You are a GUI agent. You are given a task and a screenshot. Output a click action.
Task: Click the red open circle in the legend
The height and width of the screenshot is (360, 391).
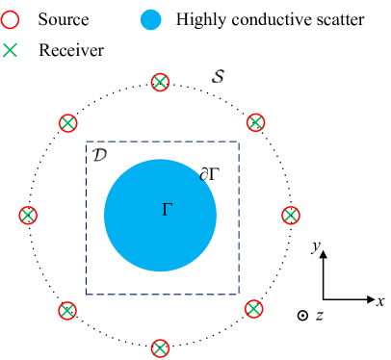10,19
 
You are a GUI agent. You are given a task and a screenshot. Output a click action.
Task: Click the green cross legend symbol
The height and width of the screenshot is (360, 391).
10,50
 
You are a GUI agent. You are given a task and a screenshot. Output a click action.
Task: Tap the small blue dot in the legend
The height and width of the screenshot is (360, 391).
150,19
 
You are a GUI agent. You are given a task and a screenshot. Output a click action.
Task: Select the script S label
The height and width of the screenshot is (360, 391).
220,76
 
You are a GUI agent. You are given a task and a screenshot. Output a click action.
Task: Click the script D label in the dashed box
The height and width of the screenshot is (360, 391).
100,154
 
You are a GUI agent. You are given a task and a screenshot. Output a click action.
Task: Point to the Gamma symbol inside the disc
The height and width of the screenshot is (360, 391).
168,209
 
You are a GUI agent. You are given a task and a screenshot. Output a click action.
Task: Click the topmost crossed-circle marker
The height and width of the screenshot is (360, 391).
161,83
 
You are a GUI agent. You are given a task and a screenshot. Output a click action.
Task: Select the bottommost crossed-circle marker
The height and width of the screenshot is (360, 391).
161,348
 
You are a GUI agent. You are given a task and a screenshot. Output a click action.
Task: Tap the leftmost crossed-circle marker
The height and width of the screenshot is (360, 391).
28,216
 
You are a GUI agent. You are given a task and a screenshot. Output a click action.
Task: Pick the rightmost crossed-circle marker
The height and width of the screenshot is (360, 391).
291,216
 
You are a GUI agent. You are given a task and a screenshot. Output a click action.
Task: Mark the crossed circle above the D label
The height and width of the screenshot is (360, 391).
67,123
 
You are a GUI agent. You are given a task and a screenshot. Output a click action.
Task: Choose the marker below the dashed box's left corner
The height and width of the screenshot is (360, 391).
66,311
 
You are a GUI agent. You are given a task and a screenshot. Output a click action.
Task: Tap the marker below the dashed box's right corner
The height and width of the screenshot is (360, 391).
253,309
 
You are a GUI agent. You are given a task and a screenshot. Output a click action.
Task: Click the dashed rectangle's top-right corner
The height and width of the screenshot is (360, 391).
239,142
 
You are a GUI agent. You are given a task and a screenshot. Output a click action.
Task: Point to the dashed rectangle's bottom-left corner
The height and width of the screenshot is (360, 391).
86,294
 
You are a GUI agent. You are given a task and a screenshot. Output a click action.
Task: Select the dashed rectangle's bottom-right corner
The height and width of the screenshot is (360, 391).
239,294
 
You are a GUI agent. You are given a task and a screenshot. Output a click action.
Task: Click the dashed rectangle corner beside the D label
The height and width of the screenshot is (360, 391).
86,142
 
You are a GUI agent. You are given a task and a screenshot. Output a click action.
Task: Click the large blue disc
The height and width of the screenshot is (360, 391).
144,241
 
